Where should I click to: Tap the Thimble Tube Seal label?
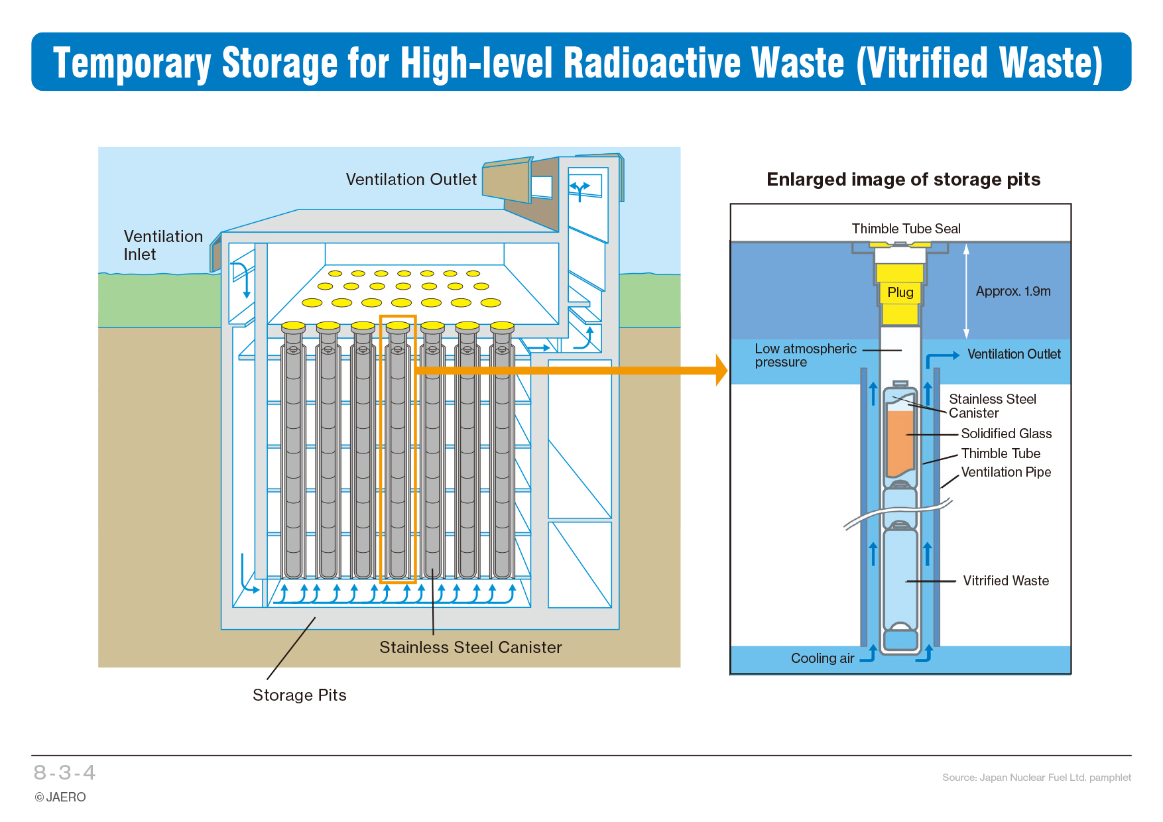906,229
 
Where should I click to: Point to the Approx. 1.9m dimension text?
1013,291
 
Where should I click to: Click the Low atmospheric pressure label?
806,355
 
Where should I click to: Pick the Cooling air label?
822,658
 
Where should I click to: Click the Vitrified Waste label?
1006,581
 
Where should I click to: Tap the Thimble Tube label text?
1001,453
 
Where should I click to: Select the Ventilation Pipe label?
1006,472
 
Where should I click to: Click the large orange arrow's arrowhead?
721,370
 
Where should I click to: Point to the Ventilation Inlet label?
163,245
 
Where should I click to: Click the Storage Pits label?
299,695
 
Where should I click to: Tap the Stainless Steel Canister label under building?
471,648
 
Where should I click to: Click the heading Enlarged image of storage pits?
903,180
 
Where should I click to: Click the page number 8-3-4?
64,772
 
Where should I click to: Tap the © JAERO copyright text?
60,797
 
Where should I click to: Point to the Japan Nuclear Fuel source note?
1036,778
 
